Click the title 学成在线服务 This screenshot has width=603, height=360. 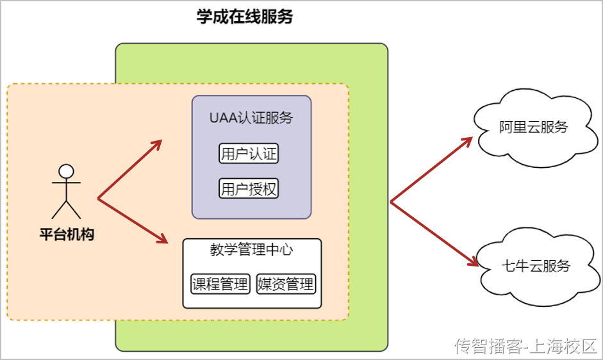(x=244, y=17)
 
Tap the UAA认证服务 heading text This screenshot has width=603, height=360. (x=251, y=118)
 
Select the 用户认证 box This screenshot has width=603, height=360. (x=249, y=154)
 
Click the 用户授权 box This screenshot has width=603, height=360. (x=249, y=189)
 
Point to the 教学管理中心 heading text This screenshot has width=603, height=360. (x=251, y=250)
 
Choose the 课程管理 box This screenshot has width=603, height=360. (x=220, y=284)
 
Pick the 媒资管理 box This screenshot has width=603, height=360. (x=286, y=284)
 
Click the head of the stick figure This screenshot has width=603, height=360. (x=66, y=171)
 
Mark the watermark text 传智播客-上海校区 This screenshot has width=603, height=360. (x=525, y=347)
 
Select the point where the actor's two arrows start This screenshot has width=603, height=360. (x=99, y=199)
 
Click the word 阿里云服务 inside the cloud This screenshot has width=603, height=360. (x=533, y=127)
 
